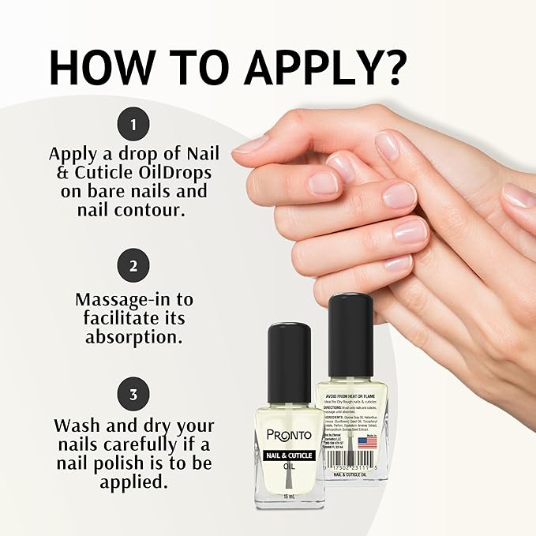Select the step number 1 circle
[133, 124]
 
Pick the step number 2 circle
[133, 264]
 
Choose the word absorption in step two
[133, 337]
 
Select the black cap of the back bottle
[350, 324]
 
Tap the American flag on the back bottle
[366, 442]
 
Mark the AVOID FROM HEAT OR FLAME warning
[350, 397]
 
